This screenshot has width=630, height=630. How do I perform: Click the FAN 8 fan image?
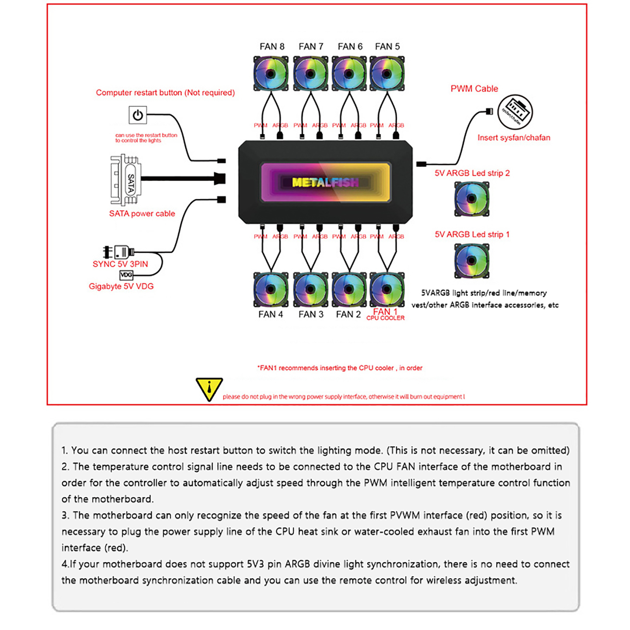pos(271,74)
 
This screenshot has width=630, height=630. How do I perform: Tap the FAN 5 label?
pos(387,46)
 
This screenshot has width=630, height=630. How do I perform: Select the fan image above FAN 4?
pos(271,289)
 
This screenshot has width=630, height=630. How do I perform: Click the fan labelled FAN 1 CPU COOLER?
pos(387,289)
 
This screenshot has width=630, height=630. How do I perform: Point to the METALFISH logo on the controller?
pos(325,182)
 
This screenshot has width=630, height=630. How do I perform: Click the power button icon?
pos(137,115)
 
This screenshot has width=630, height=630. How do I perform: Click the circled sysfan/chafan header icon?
pos(515,112)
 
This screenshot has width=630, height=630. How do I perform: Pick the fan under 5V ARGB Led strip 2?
pos(471,198)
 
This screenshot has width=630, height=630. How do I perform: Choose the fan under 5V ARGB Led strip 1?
pos(471,260)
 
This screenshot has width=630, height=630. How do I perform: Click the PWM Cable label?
pos(474,89)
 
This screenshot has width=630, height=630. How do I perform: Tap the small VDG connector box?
pos(126,275)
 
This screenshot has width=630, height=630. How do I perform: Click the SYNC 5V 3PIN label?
pos(120,264)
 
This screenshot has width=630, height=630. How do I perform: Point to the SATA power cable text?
pos(142,213)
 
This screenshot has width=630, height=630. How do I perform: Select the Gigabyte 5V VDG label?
pos(121,286)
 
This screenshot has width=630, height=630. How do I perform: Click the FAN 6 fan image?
pos(349,74)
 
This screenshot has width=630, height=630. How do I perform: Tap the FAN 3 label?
pos(311,314)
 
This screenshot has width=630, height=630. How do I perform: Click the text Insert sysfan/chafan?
pos(513,137)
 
